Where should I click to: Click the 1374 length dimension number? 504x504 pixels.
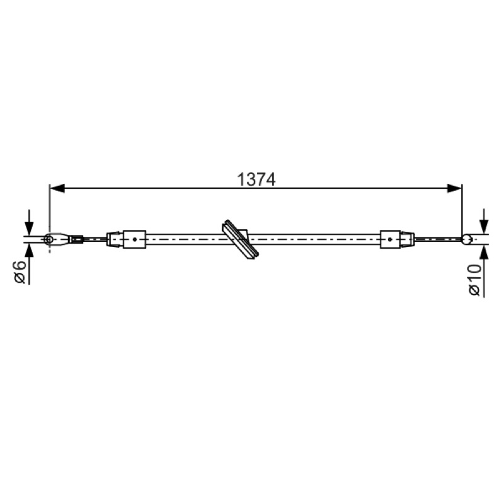tap(256, 180)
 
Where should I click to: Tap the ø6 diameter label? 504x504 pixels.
tap(20, 272)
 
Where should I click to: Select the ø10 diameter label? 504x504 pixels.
tap(475, 280)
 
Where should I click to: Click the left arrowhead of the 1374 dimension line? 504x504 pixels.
tap(57, 188)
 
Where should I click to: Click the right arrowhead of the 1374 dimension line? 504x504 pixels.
tap(454, 188)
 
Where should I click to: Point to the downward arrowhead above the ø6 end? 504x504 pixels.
tap(29, 229)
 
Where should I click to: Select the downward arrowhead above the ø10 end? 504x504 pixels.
tap(484, 227)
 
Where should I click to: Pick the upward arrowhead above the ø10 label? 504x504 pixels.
tap(484, 251)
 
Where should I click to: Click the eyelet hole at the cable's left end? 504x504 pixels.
tap(49, 239)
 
